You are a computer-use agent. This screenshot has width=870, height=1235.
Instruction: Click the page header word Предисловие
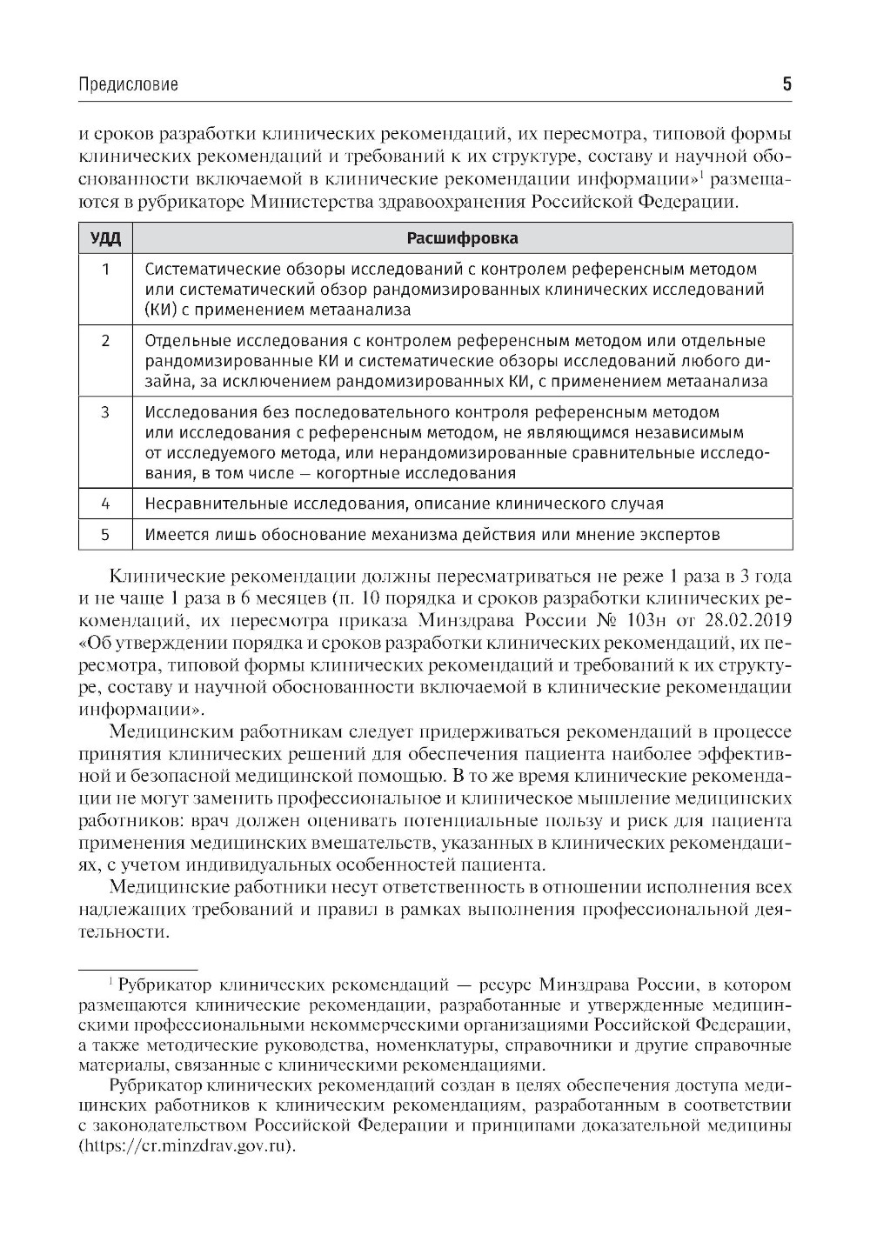coord(128,84)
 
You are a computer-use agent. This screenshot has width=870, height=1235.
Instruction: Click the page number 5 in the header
coord(786,84)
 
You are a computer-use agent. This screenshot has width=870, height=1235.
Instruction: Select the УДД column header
coord(105,238)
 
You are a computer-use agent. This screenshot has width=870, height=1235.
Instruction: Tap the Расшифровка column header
coord(462,238)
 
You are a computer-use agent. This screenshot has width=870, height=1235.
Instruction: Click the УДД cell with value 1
coord(105,270)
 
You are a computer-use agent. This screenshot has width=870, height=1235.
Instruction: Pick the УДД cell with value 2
coord(105,341)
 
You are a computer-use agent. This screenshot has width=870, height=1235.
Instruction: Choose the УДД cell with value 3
coord(105,412)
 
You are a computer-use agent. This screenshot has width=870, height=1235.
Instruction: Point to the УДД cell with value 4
coord(105,504)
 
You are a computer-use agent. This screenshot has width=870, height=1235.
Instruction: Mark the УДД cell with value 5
coord(105,535)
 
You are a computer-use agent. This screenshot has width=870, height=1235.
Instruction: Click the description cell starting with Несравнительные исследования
coord(404,504)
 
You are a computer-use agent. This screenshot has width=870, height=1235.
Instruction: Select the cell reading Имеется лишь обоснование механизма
coord(432,535)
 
